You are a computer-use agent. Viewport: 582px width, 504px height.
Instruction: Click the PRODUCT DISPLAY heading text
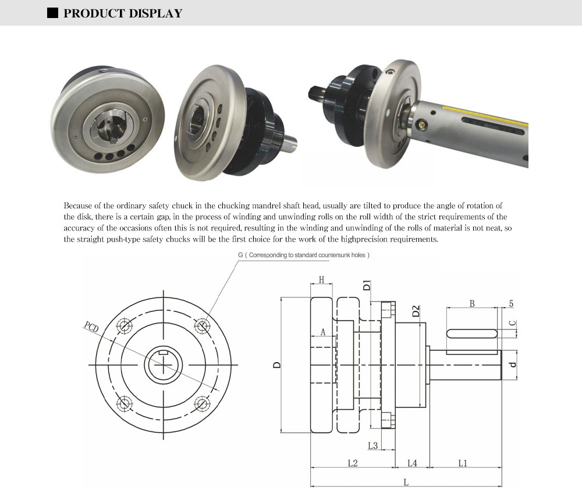(x=123, y=13)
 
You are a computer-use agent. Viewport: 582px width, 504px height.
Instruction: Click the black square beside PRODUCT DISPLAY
(x=53, y=13)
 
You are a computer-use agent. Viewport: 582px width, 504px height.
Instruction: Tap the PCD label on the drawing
(x=91, y=326)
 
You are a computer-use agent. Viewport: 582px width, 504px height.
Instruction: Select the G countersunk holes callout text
(x=304, y=255)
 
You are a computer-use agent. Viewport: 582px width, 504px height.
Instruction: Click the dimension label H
(x=321, y=280)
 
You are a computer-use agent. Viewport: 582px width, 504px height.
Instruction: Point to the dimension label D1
(x=366, y=285)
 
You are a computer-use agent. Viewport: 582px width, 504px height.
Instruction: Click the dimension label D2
(x=416, y=311)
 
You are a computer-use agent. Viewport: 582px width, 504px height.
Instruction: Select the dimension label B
(x=472, y=303)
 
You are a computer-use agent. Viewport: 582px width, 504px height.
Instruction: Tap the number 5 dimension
(x=511, y=303)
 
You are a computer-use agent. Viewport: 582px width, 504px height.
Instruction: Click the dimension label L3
(x=373, y=446)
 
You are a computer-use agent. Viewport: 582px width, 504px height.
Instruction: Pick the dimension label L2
(x=352, y=463)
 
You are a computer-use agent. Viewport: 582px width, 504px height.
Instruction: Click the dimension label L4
(x=412, y=463)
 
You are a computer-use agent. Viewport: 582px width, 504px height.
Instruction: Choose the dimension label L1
(x=463, y=463)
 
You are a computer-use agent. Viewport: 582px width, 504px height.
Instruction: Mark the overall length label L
(x=406, y=482)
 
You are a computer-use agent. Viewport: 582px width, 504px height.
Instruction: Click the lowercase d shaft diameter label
(x=512, y=365)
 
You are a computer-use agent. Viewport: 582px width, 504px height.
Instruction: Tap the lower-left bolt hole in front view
(x=124, y=403)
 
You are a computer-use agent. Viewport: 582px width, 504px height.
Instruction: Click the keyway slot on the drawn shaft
(x=472, y=333)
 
